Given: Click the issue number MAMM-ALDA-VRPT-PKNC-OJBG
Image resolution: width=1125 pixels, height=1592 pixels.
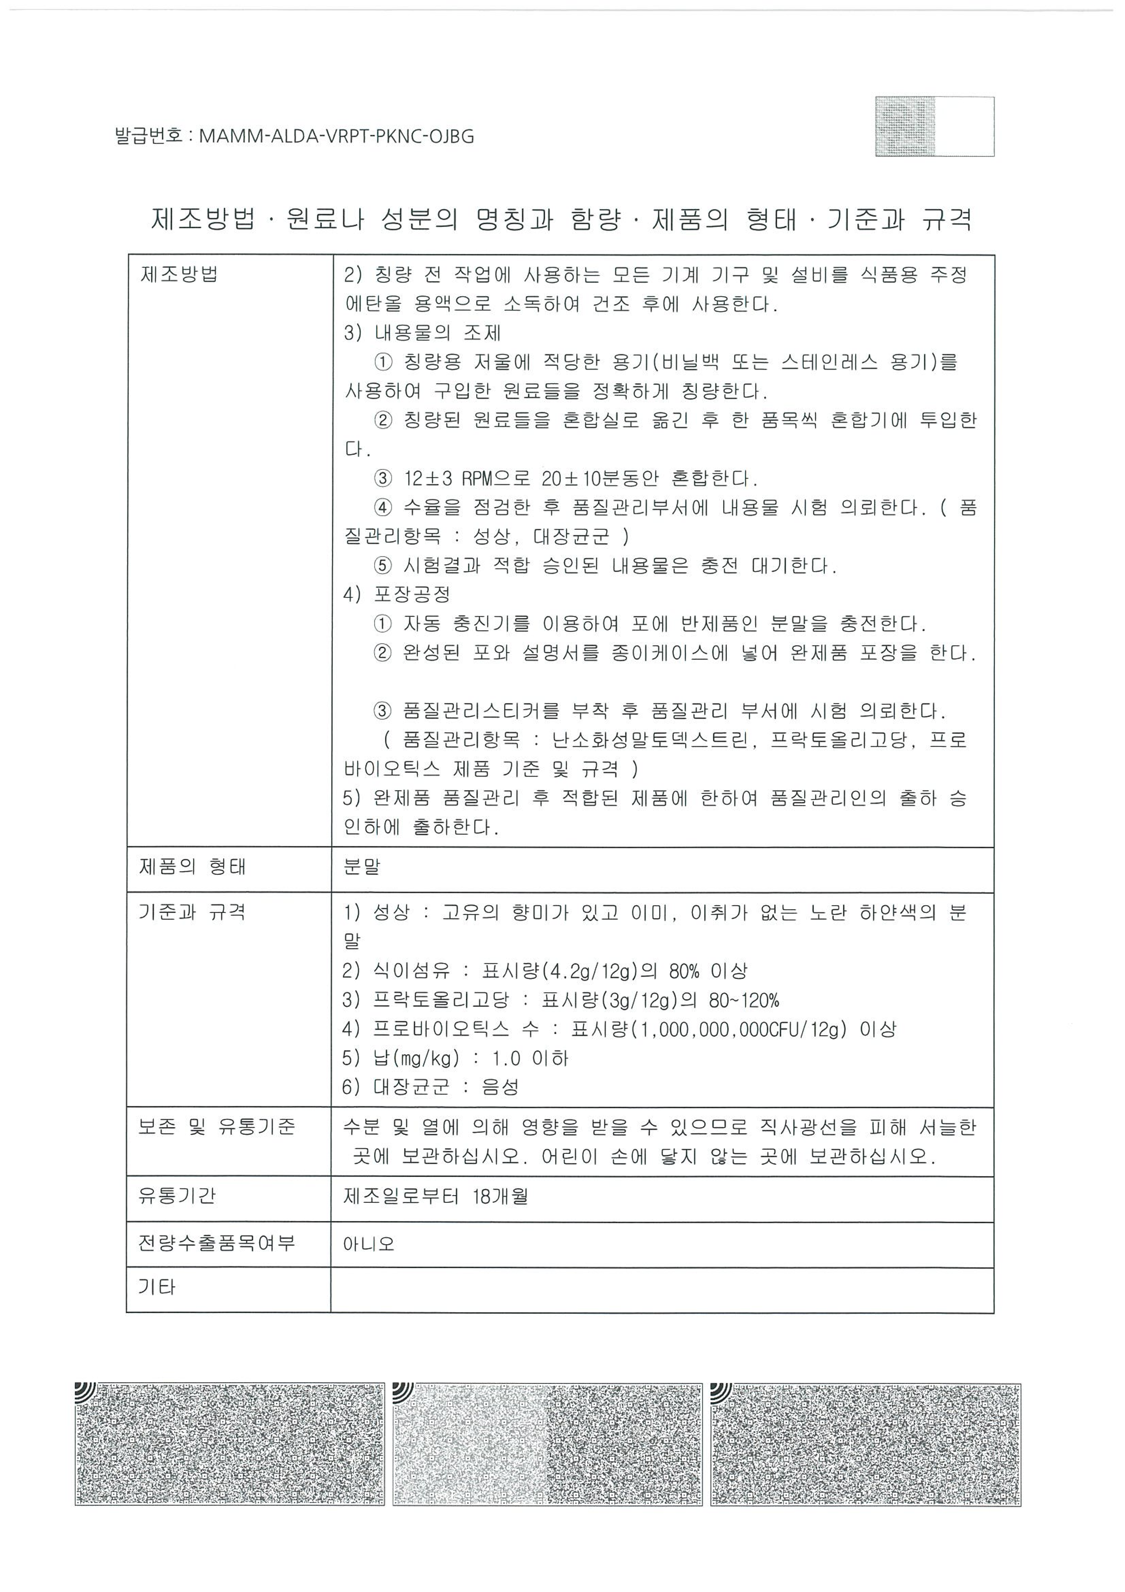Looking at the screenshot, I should pos(336,136).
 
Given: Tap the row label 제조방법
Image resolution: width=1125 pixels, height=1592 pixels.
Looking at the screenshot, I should pos(180,274).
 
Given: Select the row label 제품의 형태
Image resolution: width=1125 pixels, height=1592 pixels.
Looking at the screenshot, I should pos(193,867).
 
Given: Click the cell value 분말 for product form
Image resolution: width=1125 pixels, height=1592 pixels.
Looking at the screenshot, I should pos(362,867).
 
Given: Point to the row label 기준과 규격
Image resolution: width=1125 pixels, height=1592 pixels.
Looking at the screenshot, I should pos(193,912).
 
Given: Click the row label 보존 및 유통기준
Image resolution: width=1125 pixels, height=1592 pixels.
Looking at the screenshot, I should pos(217,1128).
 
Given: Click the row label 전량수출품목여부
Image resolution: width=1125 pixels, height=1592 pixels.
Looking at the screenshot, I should pos(217,1243).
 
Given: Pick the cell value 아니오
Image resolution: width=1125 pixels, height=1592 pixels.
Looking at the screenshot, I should pos(369,1243).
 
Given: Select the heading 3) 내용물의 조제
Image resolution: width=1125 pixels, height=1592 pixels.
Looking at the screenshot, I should pos(422,333).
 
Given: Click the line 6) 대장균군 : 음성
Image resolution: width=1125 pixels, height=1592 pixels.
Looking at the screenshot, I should pos(430,1087).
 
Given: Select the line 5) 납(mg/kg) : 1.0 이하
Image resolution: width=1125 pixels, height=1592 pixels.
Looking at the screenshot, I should pos(455,1058).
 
